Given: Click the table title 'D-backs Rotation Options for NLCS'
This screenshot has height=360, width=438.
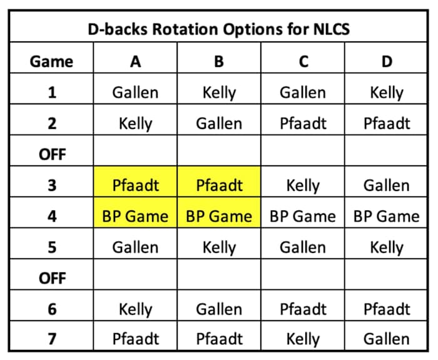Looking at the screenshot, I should pos(218,29).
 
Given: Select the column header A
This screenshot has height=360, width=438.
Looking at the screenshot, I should pos(135,61).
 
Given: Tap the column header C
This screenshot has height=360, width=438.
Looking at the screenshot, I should pos(302,61).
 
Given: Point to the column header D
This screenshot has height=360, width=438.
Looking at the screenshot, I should pos(386,61).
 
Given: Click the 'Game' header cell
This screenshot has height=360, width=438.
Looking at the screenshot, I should pos(51,61).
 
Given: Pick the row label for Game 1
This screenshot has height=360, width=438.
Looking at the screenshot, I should pos(51,93).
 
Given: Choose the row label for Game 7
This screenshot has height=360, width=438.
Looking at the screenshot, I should pos(51,339).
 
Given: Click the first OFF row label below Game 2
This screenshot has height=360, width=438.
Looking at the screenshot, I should pos(51,154).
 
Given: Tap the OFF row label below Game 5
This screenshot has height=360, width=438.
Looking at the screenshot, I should pos(51,277).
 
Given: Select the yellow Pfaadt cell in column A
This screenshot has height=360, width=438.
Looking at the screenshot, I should pos(135,185).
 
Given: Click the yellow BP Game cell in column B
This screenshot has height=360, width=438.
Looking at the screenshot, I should pos(219,216).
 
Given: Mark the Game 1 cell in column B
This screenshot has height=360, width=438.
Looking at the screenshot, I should pos(219,93).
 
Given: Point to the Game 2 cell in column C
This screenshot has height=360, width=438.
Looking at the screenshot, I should pos(302,123).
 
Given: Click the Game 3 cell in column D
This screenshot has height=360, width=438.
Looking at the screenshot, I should pos(386,185).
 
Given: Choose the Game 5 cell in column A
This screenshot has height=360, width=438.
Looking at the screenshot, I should pos(135,247).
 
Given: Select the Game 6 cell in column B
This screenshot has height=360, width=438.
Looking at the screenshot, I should pos(219,309).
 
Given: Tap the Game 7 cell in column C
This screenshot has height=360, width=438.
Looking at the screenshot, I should pos(302,339).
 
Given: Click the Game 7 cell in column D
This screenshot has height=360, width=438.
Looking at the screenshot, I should pos(386,339).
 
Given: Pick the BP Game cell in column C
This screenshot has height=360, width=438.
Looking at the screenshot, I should pos(302,216).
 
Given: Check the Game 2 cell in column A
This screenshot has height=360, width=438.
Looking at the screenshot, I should pos(135,123).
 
